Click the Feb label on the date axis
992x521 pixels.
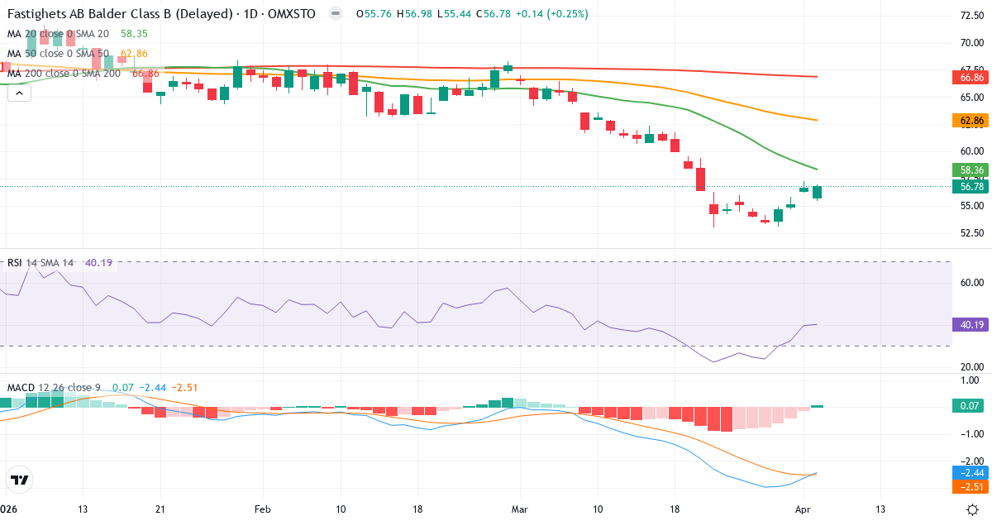[263, 509]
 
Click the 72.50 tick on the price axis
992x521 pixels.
[971, 16]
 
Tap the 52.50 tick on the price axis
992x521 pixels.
[971, 233]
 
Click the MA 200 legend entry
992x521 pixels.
[64, 74]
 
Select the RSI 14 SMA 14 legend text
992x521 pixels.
[41, 263]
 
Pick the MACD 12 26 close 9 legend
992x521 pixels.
[55, 388]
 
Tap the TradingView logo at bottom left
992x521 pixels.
[19, 480]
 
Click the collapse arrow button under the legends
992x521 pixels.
[19, 93]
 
